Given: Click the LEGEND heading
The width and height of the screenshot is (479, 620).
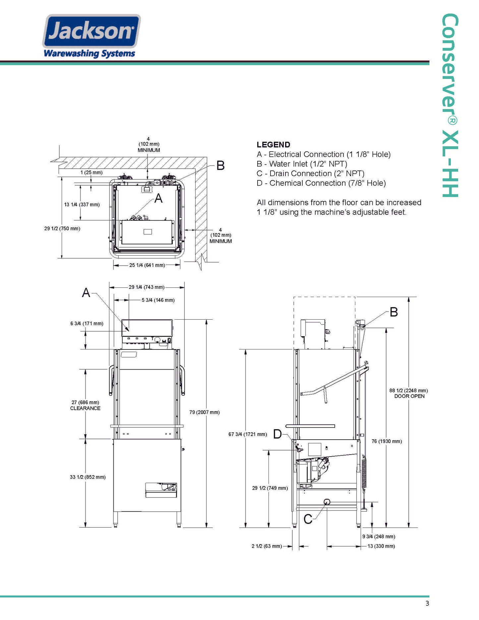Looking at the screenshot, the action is pos(273,145).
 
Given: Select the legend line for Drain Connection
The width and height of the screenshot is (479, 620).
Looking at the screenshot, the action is pos(311,173).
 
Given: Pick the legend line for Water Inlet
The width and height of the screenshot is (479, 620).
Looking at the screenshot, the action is pos(302,164).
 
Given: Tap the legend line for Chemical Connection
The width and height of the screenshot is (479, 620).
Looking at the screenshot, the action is pos(321,183).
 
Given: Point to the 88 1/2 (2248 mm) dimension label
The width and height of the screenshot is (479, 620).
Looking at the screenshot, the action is pos(408,391).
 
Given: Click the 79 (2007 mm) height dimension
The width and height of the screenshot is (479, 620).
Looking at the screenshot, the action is pos(205,412).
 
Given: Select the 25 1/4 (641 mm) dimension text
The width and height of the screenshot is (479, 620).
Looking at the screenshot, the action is pos(147,265).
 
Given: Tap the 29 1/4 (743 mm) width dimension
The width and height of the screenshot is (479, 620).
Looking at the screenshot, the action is pos(147,287).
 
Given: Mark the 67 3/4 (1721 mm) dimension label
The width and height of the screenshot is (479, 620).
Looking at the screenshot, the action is pos(248,434).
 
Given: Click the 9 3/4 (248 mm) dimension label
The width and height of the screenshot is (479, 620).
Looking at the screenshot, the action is pos(379,536).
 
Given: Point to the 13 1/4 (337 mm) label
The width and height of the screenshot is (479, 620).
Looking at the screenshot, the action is pos(82,205).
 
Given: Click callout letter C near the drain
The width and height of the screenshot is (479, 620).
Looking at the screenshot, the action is pos(308,519).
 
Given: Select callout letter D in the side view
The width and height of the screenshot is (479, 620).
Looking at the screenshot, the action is pos(277,434).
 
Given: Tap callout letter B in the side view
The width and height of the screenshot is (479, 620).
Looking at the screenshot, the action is pos(394,312).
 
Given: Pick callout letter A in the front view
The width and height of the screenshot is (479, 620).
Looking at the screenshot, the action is pos(86,292).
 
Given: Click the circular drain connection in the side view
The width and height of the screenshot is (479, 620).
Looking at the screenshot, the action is pos(327,502).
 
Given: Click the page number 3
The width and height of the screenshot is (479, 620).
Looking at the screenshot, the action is pos(427,603).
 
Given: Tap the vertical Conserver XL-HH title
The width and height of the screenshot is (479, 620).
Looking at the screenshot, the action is pos(450,105).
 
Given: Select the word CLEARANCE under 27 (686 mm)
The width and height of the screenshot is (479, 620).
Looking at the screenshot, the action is pos(85,408).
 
